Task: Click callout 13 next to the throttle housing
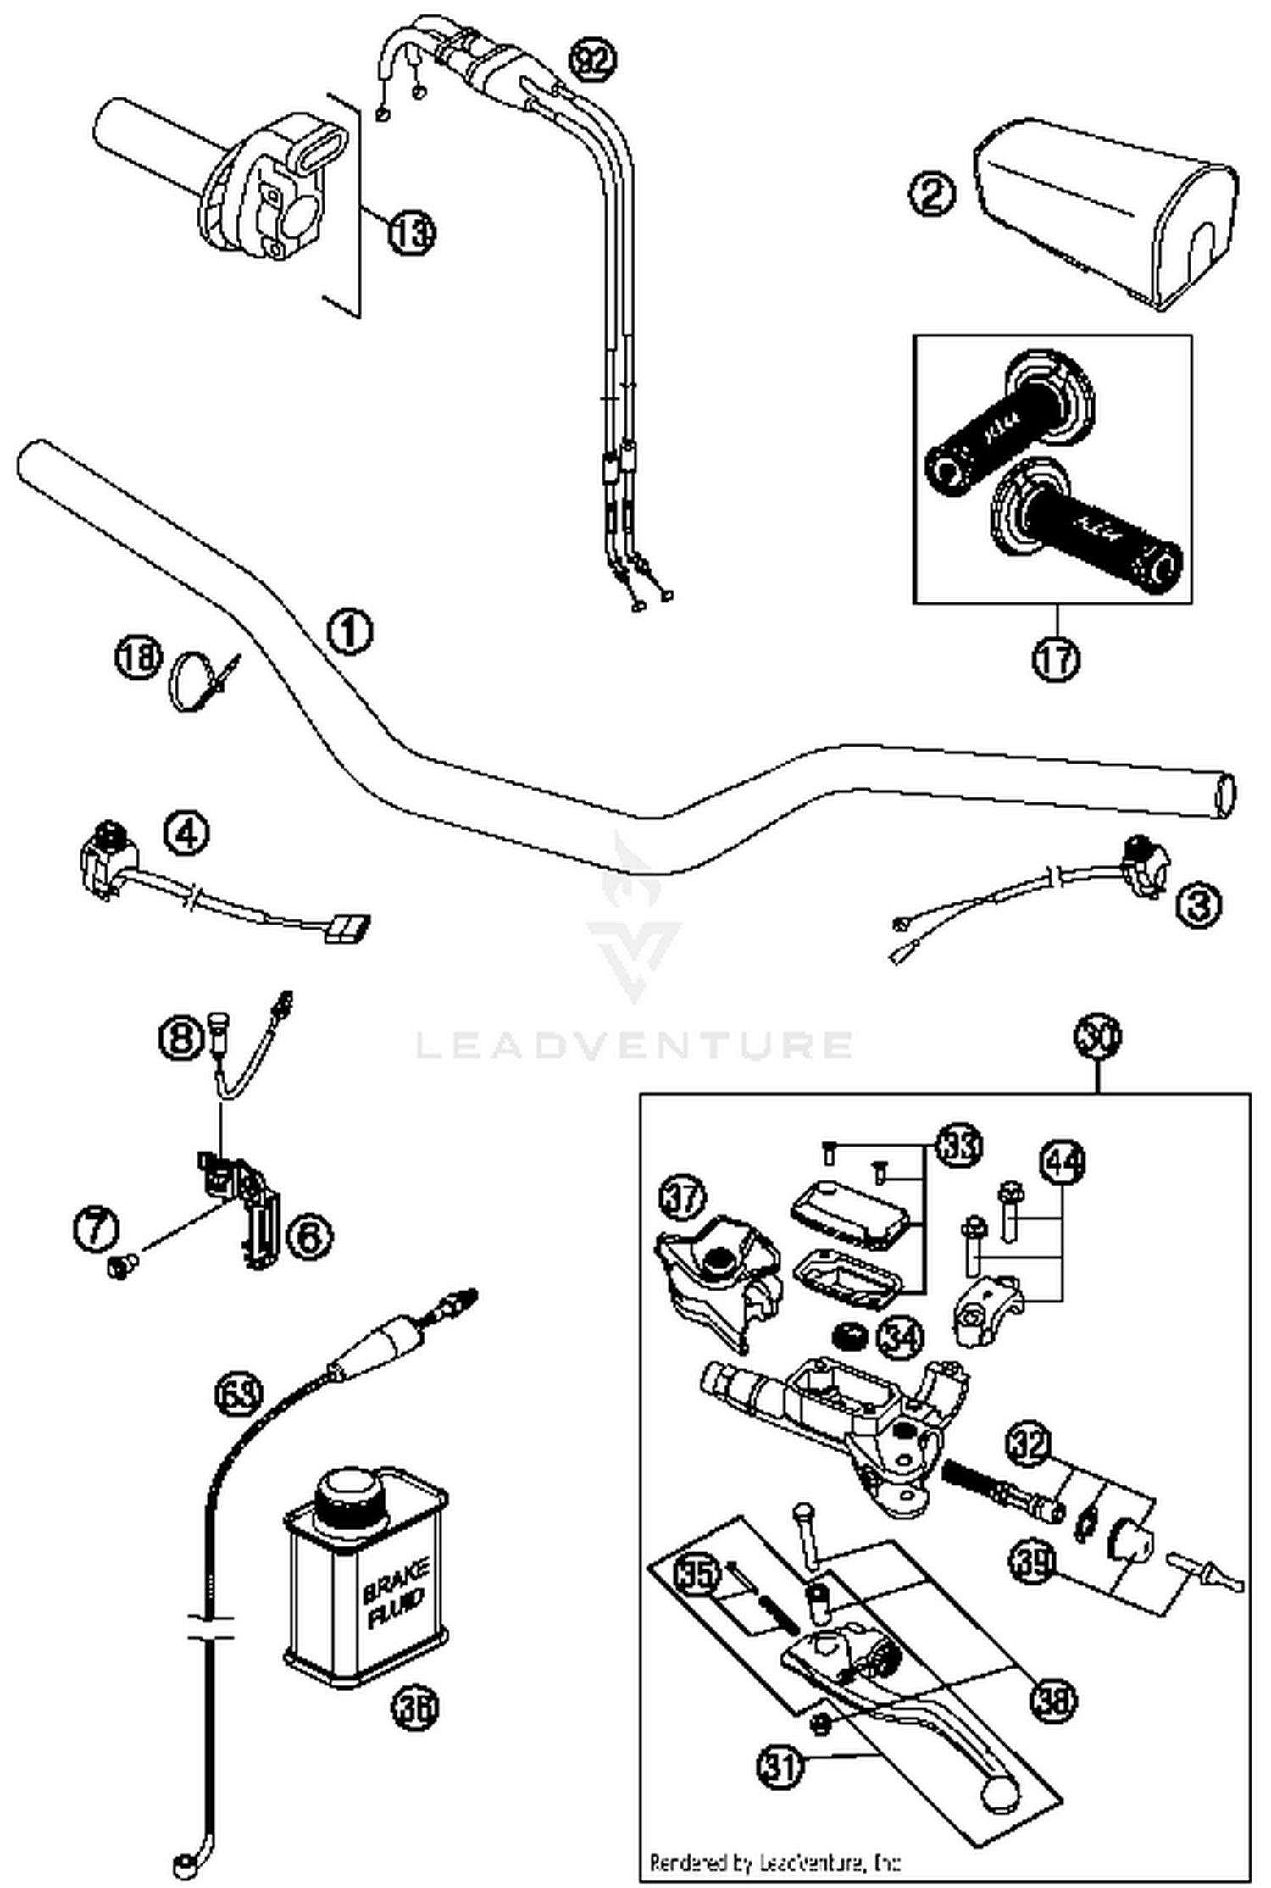click(412, 230)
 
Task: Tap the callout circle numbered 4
click(186, 834)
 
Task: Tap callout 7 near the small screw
click(95, 1229)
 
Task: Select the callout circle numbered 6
click(309, 1236)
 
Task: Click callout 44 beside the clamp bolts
click(1063, 1163)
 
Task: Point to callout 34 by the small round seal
click(901, 1337)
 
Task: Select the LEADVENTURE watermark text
click(634, 1045)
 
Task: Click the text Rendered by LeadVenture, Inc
click(774, 1863)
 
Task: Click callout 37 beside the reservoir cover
click(682, 1197)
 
